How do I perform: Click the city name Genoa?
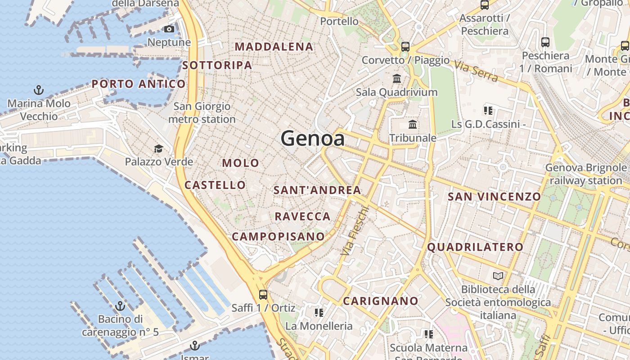pyautogui.click(x=313, y=138)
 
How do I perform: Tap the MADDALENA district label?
pyautogui.click(x=274, y=46)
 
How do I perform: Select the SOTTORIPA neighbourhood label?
pyautogui.click(x=217, y=65)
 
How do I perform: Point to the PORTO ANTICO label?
pyautogui.click(x=139, y=84)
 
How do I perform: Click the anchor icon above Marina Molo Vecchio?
pyautogui.click(x=39, y=90)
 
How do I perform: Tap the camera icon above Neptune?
pyautogui.click(x=169, y=29)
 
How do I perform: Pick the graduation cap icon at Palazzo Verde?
pyautogui.click(x=158, y=149)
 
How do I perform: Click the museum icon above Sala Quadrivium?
pyautogui.click(x=397, y=79)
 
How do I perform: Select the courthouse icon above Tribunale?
pyautogui.click(x=413, y=125)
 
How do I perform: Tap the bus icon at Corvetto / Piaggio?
pyautogui.click(x=405, y=46)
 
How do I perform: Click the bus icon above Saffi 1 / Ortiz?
pyautogui.click(x=263, y=295)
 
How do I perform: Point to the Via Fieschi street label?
pyautogui.click(x=355, y=231)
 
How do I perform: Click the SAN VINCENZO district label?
pyautogui.click(x=494, y=197)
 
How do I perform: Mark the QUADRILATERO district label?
pyautogui.click(x=475, y=247)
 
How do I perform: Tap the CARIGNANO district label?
pyautogui.click(x=381, y=301)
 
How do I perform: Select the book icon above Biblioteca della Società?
pyautogui.click(x=498, y=276)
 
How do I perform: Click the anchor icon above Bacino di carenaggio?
pyautogui.click(x=120, y=306)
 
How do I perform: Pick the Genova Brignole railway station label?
pyautogui.click(x=586, y=174)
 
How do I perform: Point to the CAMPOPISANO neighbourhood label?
pyautogui.click(x=278, y=236)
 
